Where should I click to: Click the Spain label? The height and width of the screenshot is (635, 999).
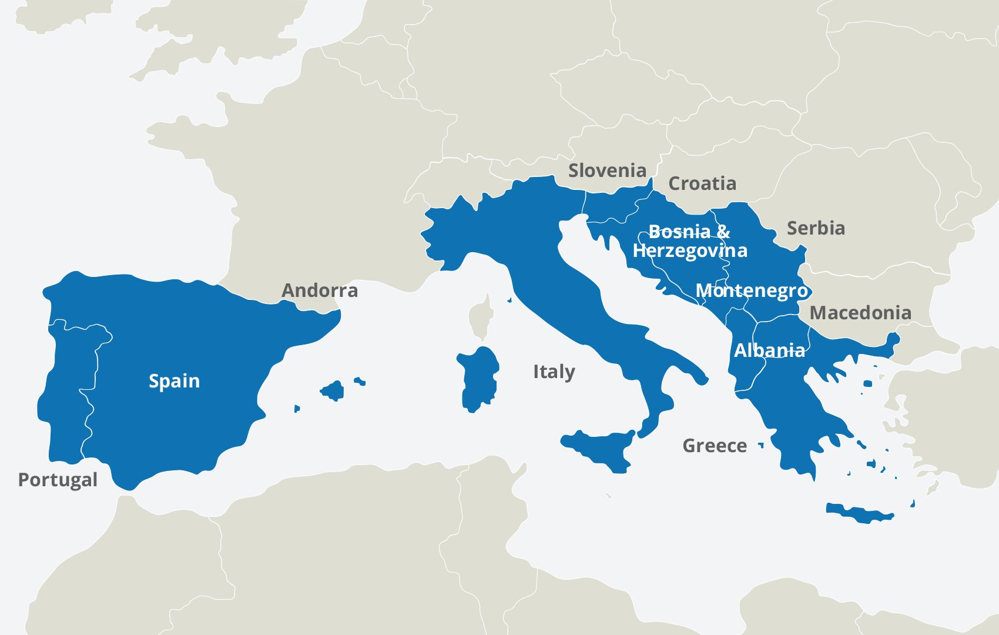[174, 381]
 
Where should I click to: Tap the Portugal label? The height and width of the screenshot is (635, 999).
[58, 480]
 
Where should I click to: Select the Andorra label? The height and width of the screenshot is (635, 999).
[320, 290]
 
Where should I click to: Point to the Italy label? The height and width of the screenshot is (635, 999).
[554, 372]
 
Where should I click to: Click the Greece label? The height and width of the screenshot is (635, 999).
[715, 446]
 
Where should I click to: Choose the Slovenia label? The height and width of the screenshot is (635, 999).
[607, 171]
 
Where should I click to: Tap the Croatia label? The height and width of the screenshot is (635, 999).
[702, 183]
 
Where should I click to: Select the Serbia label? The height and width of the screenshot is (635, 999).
[816, 228]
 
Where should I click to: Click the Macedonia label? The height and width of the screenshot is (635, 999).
[860, 313]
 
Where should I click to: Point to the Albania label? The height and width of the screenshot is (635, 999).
[769, 350]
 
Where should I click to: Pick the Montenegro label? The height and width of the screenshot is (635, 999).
[751, 290]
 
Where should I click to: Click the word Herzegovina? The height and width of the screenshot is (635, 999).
[690, 251]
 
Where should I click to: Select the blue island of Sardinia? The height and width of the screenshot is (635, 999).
[479, 379]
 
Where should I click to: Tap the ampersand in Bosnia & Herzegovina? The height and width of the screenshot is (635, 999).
[723, 232]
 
